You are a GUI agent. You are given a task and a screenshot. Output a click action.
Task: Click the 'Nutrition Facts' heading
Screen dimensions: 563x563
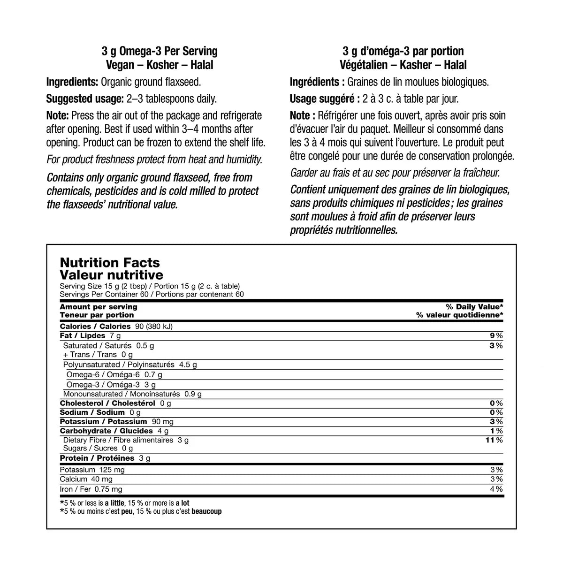point(110,263)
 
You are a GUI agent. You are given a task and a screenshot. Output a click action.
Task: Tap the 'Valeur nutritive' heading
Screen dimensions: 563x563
point(112,275)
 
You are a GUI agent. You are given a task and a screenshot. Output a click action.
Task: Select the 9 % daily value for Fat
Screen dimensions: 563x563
point(496,336)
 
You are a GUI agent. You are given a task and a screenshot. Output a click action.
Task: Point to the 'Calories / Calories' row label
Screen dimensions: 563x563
point(95,327)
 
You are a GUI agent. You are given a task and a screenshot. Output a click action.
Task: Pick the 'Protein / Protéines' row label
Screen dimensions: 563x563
point(97,458)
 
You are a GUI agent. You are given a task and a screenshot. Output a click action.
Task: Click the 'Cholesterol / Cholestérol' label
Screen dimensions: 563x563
point(107,403)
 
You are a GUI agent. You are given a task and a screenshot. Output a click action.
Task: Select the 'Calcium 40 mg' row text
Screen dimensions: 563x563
point(86,479)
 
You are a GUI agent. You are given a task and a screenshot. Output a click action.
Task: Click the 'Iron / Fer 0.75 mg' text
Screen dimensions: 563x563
point(91,489)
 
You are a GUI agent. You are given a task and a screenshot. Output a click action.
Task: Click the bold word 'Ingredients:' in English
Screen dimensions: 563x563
point(72,82)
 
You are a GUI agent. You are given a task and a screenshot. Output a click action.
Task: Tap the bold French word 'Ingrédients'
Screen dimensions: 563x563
point(315,82)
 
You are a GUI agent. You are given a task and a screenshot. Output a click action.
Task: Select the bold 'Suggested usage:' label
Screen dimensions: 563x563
point(85,99)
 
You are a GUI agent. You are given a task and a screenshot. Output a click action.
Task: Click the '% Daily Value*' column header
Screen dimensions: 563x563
point(474,307)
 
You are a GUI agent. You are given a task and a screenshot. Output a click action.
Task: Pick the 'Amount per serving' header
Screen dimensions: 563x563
point(99,307)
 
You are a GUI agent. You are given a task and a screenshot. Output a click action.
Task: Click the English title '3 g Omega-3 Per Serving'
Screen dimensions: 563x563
point(160,51)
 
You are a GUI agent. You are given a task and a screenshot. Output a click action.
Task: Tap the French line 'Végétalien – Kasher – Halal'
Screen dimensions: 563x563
point(403,65)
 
